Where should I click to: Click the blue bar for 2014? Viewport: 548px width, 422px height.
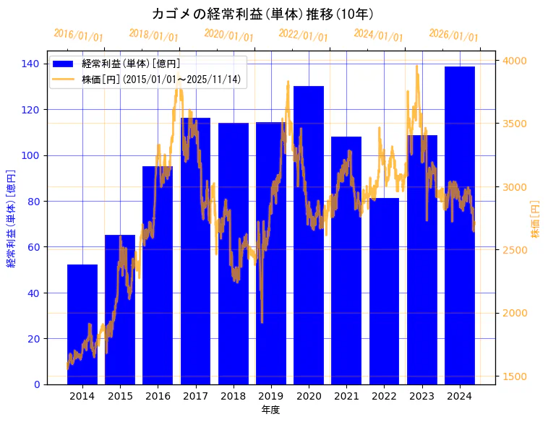coord(82,324)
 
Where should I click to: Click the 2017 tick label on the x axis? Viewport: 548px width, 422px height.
coord(195,396)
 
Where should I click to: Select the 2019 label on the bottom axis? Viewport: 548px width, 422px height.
coord(271,396)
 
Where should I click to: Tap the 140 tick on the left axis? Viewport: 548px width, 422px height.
coord(30,64)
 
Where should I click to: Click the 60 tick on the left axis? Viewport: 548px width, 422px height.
coord(33,247)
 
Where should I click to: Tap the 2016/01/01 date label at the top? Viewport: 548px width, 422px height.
coord(78,35)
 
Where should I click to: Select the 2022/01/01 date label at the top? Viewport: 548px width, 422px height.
coord(303,35)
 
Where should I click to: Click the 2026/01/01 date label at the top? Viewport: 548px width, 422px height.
coord(453,35)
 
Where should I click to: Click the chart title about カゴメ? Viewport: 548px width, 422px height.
coord(263,14)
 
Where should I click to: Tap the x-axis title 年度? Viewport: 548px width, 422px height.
coord(270,410)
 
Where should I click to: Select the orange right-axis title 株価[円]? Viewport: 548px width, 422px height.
coord(536,219)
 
